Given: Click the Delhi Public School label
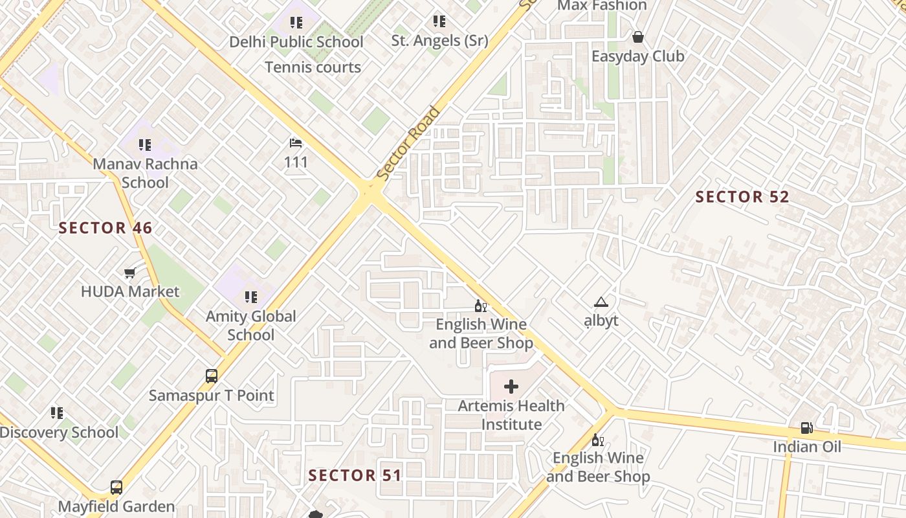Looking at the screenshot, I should [296, 42].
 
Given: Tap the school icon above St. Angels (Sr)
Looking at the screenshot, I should [439, 21].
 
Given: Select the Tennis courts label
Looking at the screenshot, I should [313, 67].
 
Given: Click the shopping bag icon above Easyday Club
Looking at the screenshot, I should [638, 37].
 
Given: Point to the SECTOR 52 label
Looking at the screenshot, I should [742, 197].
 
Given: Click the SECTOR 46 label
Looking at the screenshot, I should [105, 228].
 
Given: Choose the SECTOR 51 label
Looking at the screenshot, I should [355, 475].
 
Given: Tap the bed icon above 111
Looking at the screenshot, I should [296, 142].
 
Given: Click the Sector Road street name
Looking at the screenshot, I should [408, 143].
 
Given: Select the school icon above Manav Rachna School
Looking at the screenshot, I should [144, 144].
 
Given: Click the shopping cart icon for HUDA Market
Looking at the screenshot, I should [130, 273].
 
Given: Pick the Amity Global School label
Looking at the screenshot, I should [251, 326].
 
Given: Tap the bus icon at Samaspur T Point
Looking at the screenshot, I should [212, 376].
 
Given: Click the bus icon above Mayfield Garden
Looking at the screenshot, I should [116, 488].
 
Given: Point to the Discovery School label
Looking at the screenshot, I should [59, 433].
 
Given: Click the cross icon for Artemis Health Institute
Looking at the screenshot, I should [511, 387].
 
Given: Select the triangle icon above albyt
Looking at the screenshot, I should [601, 302].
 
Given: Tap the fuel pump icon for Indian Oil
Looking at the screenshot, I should [807, 427].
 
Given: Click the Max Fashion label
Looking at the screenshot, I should [602, 6].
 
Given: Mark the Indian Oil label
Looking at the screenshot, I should [807, 447].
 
